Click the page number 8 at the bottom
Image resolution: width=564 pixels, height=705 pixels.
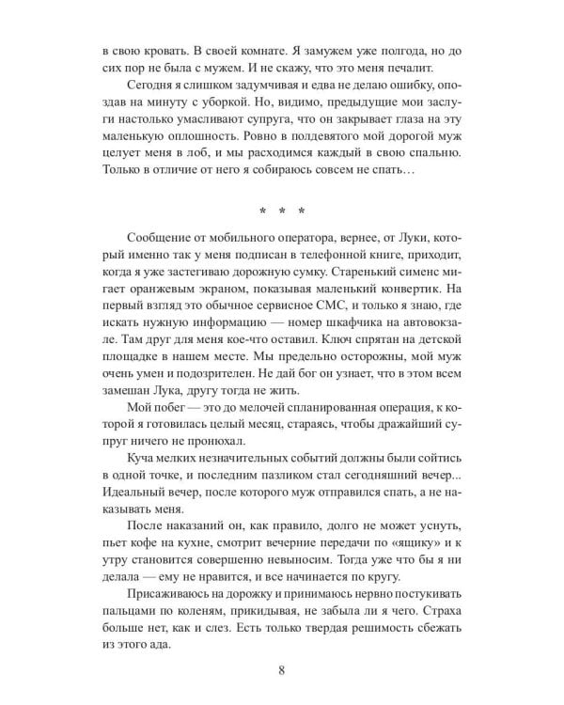coord(282,670)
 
